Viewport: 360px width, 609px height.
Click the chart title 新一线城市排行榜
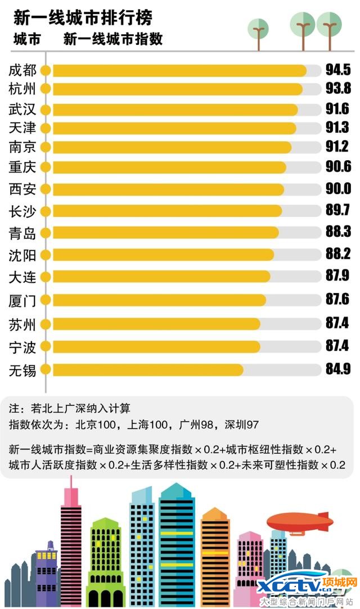[83, 17]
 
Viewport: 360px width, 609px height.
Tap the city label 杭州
[22, 89]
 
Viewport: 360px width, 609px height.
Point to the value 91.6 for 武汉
[337, 109]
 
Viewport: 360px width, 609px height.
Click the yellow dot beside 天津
[46, 128]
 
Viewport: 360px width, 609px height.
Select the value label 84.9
[337, 369]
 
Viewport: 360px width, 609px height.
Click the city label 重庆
[22, 167]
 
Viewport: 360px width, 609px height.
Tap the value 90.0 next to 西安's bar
[337, 188]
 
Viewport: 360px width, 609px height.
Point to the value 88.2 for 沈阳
[337, 254]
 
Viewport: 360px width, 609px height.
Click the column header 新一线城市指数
[113, 39]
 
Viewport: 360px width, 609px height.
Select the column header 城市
[26, 39]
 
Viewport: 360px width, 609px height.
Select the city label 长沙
[22, 211]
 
